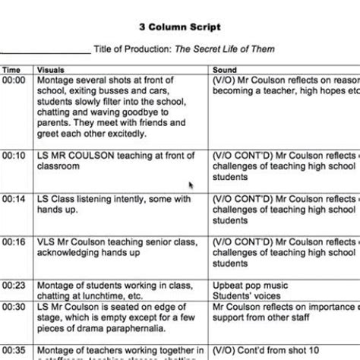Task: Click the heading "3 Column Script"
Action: [180, 27]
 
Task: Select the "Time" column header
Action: [11, 70]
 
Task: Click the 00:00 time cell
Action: [14, 80]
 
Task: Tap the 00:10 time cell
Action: [14, 155]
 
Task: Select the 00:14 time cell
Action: [14, 199]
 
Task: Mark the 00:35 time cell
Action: [14, 351]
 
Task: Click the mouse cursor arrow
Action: [191, 185]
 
